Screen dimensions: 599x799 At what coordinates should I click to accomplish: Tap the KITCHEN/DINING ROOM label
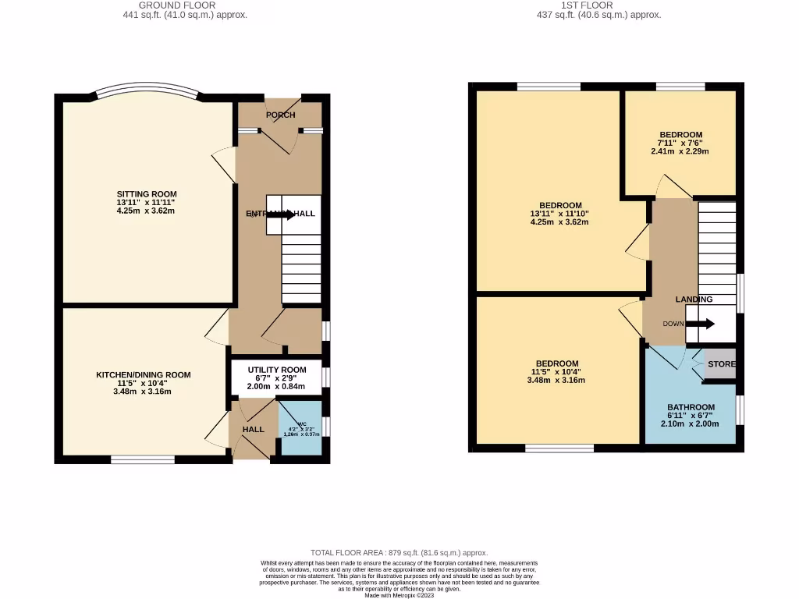pos(143,375)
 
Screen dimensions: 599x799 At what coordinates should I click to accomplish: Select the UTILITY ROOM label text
pos(277,370)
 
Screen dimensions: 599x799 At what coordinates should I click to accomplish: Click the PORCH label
pos(281,115)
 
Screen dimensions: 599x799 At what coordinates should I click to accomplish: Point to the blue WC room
pos(300,427)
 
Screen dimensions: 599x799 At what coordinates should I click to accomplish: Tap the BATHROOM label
pos(691,407)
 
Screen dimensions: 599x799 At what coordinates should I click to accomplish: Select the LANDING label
pos(694,299)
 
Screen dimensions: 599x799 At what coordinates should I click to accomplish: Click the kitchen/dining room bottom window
pos(142,460)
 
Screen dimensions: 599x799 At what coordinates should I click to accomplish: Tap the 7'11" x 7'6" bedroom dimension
pos(680,143)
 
